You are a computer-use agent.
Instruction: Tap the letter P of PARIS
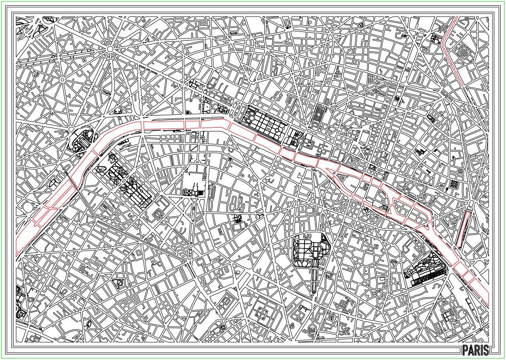[465, 350]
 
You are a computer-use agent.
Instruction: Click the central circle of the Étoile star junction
[110, 49]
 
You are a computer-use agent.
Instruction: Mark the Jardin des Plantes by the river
[424, 271]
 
